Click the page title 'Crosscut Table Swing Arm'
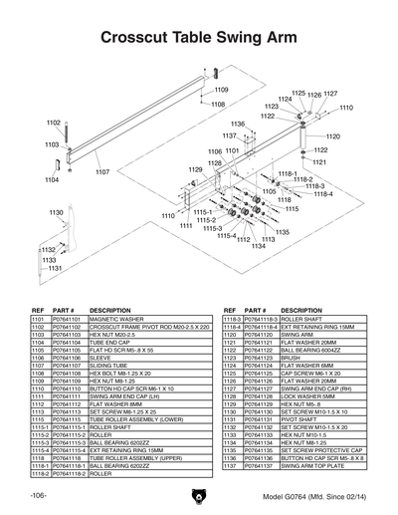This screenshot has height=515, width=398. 199,38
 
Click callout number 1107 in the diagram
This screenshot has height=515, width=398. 102,172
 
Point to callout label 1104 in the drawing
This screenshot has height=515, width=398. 52,180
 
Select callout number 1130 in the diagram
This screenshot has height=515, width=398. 56,212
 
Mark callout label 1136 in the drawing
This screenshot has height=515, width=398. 238,125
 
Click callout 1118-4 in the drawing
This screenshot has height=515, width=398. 323,194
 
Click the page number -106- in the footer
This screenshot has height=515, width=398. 38,495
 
